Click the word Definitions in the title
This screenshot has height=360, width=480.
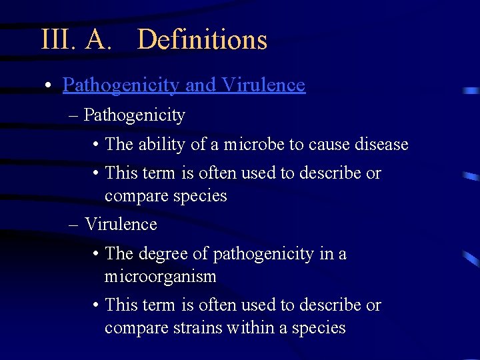202,40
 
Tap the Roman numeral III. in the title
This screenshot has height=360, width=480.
59,40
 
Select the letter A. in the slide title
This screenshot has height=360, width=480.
99,40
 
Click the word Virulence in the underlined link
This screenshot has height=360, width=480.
263,85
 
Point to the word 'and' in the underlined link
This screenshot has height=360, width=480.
200,85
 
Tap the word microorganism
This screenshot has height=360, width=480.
160,276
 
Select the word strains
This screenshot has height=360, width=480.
197,328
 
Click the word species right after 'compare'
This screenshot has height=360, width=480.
199,196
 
